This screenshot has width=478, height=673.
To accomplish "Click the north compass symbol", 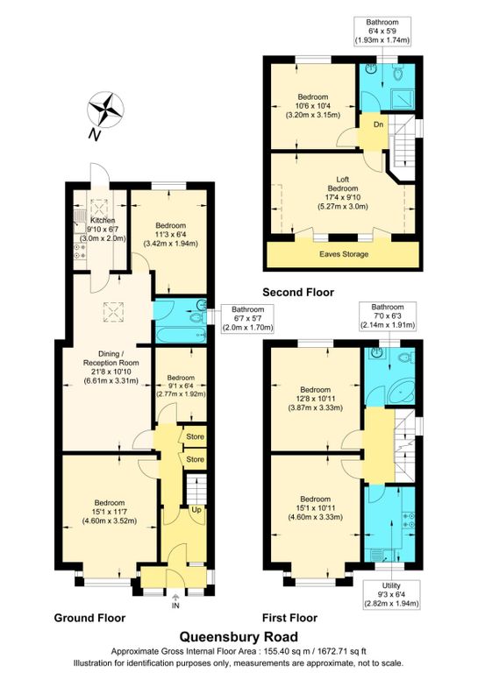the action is [x=105, y=110].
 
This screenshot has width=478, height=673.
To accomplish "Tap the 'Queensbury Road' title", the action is [x=239, y=636].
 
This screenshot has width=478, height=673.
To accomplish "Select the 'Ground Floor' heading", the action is [x=89, y=618].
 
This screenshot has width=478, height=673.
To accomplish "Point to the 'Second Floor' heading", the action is [x=298, y=293].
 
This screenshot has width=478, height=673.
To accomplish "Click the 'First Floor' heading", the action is [x=290, y=618].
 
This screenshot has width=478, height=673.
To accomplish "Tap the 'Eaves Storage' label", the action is [x=344, y=254].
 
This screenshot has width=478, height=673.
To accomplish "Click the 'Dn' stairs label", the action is [x=378, y=124].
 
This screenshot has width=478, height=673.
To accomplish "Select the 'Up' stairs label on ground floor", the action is [x=196, y=510].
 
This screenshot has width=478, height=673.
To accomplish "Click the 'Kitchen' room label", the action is [x=103, y=220].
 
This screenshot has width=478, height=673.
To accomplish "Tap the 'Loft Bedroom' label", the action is [x=343, y=184].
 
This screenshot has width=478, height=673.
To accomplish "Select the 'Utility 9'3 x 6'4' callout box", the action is [x=391, y=594].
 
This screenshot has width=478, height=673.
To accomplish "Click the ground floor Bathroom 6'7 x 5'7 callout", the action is [x=247, y=318].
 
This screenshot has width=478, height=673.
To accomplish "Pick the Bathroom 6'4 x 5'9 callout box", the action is [x=382, y=32].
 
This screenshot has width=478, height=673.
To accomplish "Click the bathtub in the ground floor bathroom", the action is [x=181, y=335].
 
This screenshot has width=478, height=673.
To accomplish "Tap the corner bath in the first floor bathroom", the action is [x=402, y=392].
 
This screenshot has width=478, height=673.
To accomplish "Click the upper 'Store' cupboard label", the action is [x=195, y=436].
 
